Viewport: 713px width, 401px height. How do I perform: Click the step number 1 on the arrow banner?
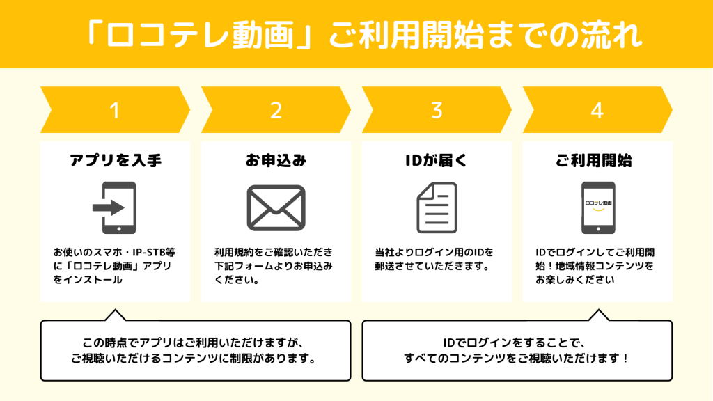click(115, 111)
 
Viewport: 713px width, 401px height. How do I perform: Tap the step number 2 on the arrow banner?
click(276, 111)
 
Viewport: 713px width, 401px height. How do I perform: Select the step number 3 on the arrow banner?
click(437, 111)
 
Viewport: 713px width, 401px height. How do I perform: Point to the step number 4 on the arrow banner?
click(597, 111)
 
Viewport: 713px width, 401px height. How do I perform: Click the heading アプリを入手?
click(116, 161)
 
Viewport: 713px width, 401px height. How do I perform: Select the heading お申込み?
click(276, 161)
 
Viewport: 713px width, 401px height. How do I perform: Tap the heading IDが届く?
click(437, 161)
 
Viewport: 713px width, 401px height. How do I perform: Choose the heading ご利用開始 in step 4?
click(594, 161)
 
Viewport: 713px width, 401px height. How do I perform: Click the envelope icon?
click(276, 207)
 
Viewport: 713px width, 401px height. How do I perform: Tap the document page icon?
click(437, 207)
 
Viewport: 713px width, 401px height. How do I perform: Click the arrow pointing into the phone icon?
click(108, 207)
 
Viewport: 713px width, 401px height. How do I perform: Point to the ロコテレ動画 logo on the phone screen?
click(598, 203)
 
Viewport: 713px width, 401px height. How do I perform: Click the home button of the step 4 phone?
click(598, 228)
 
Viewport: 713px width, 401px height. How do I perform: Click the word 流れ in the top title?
click(611, 36)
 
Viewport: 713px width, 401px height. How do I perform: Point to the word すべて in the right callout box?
click(421, 359)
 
